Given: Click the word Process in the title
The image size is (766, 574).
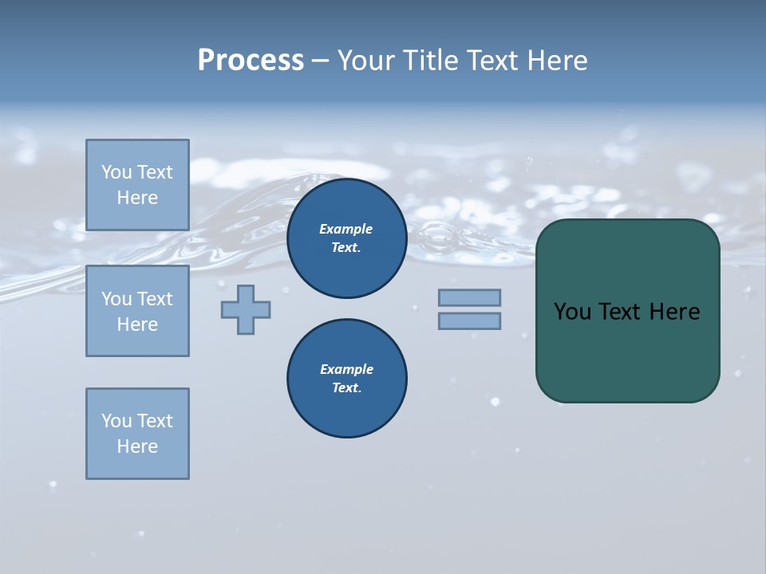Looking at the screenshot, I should [x=251, y=61].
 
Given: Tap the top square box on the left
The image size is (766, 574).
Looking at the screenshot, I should [x=137, y=185].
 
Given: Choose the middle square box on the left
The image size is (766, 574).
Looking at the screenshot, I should [x=137, y=311].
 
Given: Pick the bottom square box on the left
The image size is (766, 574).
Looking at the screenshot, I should [x=137, y=434].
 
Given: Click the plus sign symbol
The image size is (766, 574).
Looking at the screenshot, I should [x=246, y=309].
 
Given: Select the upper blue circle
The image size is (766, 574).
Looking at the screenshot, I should [x=346, y=238].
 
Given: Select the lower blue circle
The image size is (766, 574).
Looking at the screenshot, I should [x=346, y=379].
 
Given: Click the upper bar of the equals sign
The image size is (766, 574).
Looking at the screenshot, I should [x=469, y=297].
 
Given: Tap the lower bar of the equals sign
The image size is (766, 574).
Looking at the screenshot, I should [x=469, y=320].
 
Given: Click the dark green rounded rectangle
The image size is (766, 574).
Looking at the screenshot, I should [x=627, y=351].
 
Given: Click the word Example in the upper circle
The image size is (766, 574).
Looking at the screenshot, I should [x=345, y=229].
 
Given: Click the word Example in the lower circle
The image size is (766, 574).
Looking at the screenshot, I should [x=346, y=369].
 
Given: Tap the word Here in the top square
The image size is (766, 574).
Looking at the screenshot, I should [x=137, y=198].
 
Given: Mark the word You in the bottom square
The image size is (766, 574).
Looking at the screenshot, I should [x=116, y=421].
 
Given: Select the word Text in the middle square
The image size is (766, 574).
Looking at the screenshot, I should [x=156, y=299].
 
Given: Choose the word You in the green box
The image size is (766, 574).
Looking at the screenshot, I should [x=572, y=312].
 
